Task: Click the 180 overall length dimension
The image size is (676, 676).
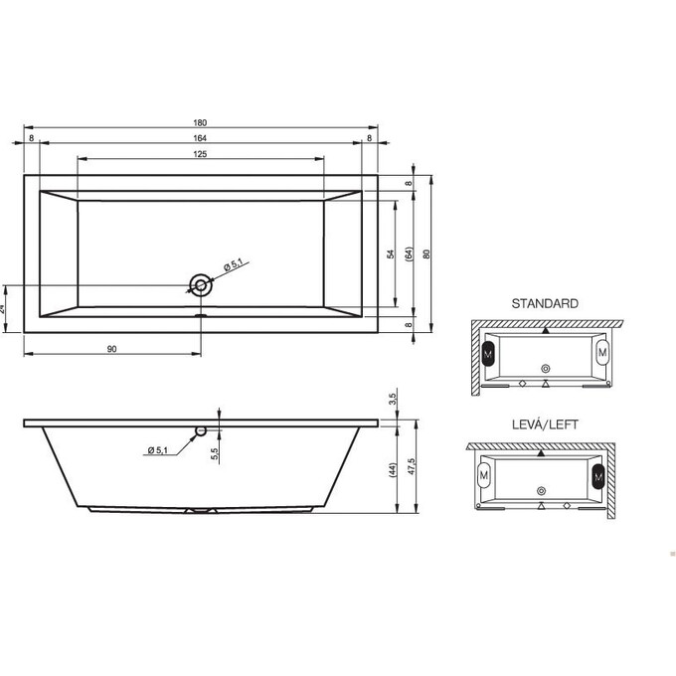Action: tap(200, 122)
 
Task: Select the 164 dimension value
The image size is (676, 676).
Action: tap(200, 138)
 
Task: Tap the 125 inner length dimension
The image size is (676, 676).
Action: tap(200, 154)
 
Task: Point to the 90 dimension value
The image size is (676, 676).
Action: tap(111, 349)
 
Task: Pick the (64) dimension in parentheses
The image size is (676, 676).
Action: tap(409, 254)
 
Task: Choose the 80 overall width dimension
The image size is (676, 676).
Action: tap(426, 254)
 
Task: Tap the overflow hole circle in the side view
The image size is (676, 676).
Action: tap(202, 431)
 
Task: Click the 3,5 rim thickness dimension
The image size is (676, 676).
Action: tap(394, 400)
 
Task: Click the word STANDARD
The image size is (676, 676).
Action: tap(544, 303)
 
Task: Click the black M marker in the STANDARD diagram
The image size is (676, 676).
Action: tap(488, 353)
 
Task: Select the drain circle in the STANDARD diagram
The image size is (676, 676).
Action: tap(544, 369)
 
